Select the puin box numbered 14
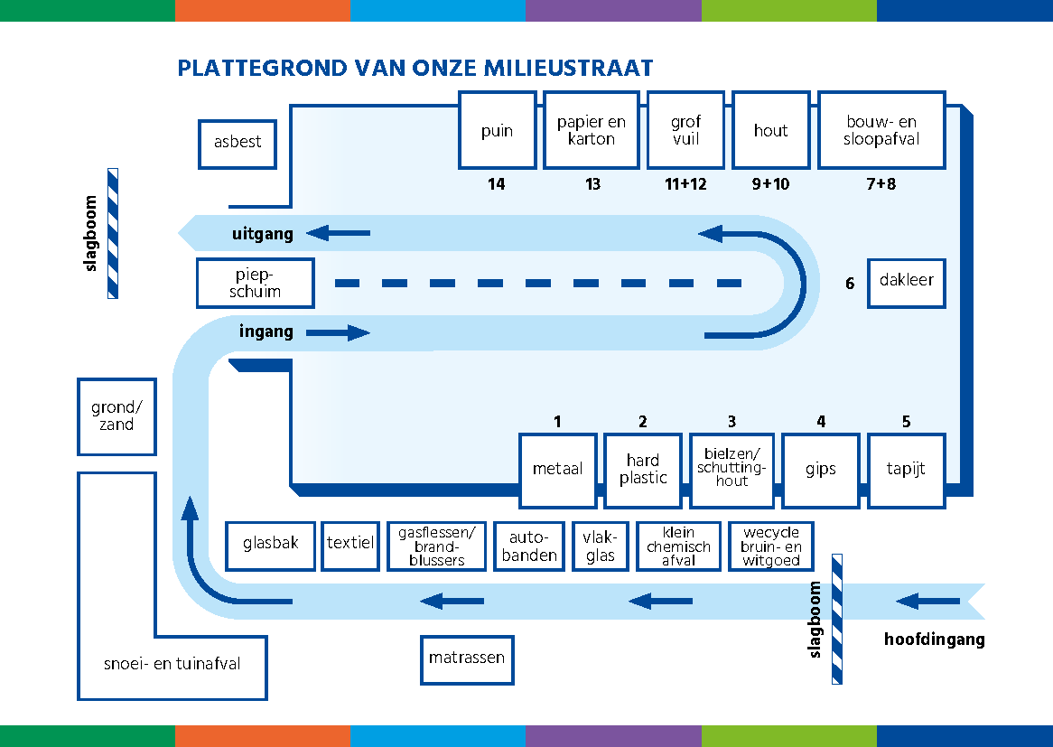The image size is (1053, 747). [497, 130]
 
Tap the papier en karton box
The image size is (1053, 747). [591, 130]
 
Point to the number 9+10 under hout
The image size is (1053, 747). [770, 184]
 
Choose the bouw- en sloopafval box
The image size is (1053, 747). [881, 130]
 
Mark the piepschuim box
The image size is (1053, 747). [256, 283]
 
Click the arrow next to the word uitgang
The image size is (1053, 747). [338, 234]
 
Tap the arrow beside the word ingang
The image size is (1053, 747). [338, 333]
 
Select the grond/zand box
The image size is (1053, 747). [116, 416]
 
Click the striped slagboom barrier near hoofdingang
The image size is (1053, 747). [837, 619]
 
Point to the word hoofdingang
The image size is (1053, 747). [934, 640]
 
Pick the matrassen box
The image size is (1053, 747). [467, 659]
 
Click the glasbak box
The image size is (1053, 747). [270, 546]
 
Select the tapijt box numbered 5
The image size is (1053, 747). [906, 470]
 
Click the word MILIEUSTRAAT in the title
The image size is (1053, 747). [568, 69]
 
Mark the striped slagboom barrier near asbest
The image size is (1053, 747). [113, 233]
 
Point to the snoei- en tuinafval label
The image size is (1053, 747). [172, 664]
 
